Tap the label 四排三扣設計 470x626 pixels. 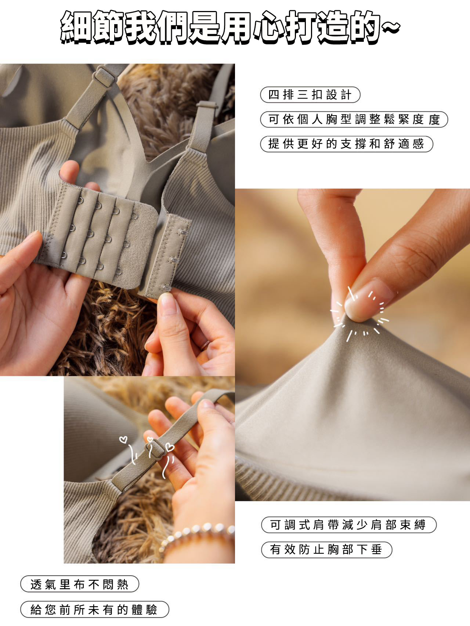(310, 95)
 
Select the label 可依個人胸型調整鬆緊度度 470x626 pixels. (354, 120)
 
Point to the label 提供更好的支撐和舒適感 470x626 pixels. (347, 144)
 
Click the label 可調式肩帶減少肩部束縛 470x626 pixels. (348, 525)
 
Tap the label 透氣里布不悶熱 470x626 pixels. (80, 584)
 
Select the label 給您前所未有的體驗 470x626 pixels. (94, 609)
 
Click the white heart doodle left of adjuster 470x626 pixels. (123, 439)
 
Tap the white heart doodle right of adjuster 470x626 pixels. (169, 447)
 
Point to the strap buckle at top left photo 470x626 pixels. (103, 76)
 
